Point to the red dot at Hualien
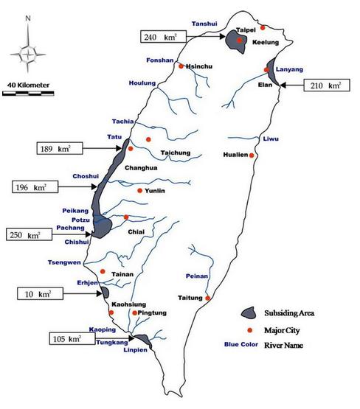pos(252,155)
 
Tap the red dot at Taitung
pos(208,298)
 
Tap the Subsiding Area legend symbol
pos(251,312)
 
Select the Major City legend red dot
pos(251,329)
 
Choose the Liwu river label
pos(271,139)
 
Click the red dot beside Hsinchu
pos(181,66)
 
